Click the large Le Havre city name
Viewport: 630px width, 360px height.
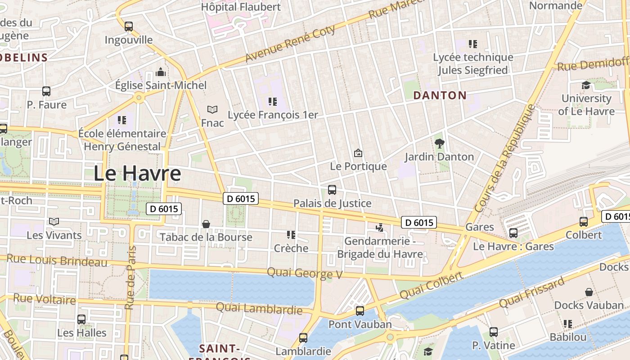(137, 174)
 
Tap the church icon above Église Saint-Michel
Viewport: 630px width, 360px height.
(161, 72)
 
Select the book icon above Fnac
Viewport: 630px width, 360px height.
(212, 109)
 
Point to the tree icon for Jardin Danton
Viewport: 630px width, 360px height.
(439, 144)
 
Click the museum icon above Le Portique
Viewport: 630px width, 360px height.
(358, 153)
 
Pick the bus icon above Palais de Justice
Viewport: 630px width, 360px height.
(332, 190)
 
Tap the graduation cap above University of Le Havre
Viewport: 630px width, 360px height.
(586, 85)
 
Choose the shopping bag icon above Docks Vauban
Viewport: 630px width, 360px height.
(589, 292)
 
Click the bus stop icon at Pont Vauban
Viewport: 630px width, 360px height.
(360, 311)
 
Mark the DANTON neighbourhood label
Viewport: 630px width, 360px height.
(440, 95)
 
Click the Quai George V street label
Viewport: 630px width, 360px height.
(305, 273)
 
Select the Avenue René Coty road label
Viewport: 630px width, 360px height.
(290, 44)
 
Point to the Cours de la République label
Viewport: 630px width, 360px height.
(505, 158)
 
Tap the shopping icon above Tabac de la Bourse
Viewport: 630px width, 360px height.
(206, 224)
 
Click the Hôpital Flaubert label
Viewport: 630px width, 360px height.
(241, 7)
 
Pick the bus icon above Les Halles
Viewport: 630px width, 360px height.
(81, 319)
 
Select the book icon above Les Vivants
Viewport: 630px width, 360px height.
(54, 222)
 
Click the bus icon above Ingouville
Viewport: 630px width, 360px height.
(129, 27)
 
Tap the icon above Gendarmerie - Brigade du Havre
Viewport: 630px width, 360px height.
(380, 228)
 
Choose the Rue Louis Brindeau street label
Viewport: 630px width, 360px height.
(57, 260)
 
